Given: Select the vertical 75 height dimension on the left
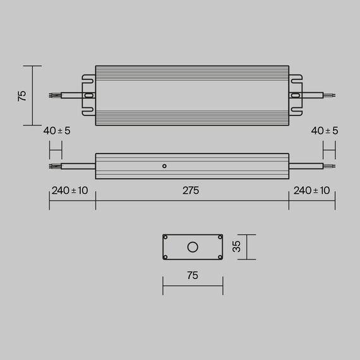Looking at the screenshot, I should (22, 95).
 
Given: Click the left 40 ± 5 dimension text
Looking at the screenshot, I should (57, 131).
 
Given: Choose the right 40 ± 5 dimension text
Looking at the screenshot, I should (325, 131).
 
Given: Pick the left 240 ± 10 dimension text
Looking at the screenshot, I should (69, 191).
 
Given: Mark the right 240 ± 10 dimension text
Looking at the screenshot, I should (311, 191).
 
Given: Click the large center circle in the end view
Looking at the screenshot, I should (193, 246).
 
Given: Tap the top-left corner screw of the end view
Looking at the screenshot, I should (165, 237).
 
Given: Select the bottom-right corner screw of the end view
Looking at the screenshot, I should (220, 256).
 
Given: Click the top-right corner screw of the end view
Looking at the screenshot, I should (220, 237).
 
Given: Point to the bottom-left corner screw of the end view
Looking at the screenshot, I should (165, 256).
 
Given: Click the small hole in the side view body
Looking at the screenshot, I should (164, 166).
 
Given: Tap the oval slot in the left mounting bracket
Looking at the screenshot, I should (89, 96).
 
